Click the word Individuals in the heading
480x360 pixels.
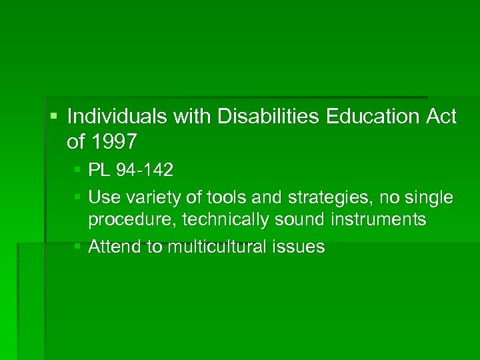[x=118, y=117]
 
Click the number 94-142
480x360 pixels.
[x=143, y=171]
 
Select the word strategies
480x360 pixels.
[x=300, y=198]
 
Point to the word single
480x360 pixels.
[x=428, y=198]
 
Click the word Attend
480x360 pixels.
[x=115, y=247]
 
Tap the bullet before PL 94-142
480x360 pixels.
[x=79, y=171]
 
